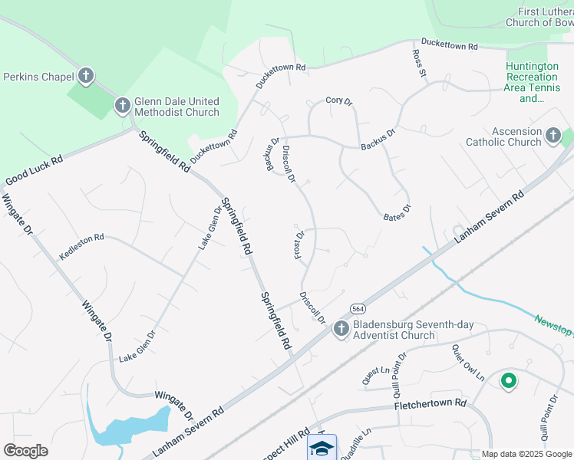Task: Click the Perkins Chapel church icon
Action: coord(86,76)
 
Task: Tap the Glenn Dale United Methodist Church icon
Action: coord(122,106)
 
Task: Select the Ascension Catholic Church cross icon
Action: coord(553,136)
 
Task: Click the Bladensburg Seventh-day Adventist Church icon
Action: coord(341,329)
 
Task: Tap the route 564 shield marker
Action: coord(358,308)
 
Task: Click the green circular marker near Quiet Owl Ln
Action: coord(507,380)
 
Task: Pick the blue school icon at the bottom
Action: coord(322,447)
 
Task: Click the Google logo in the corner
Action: coord(25,451)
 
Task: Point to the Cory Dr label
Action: coord(338,100)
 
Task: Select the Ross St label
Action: coord(418,64)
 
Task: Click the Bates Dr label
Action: coord(398,212)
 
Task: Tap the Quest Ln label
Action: coord(376,374)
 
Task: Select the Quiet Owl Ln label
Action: coord(468,361)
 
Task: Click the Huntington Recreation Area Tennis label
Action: coord(532,82)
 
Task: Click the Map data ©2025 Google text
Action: coord(527,454)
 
